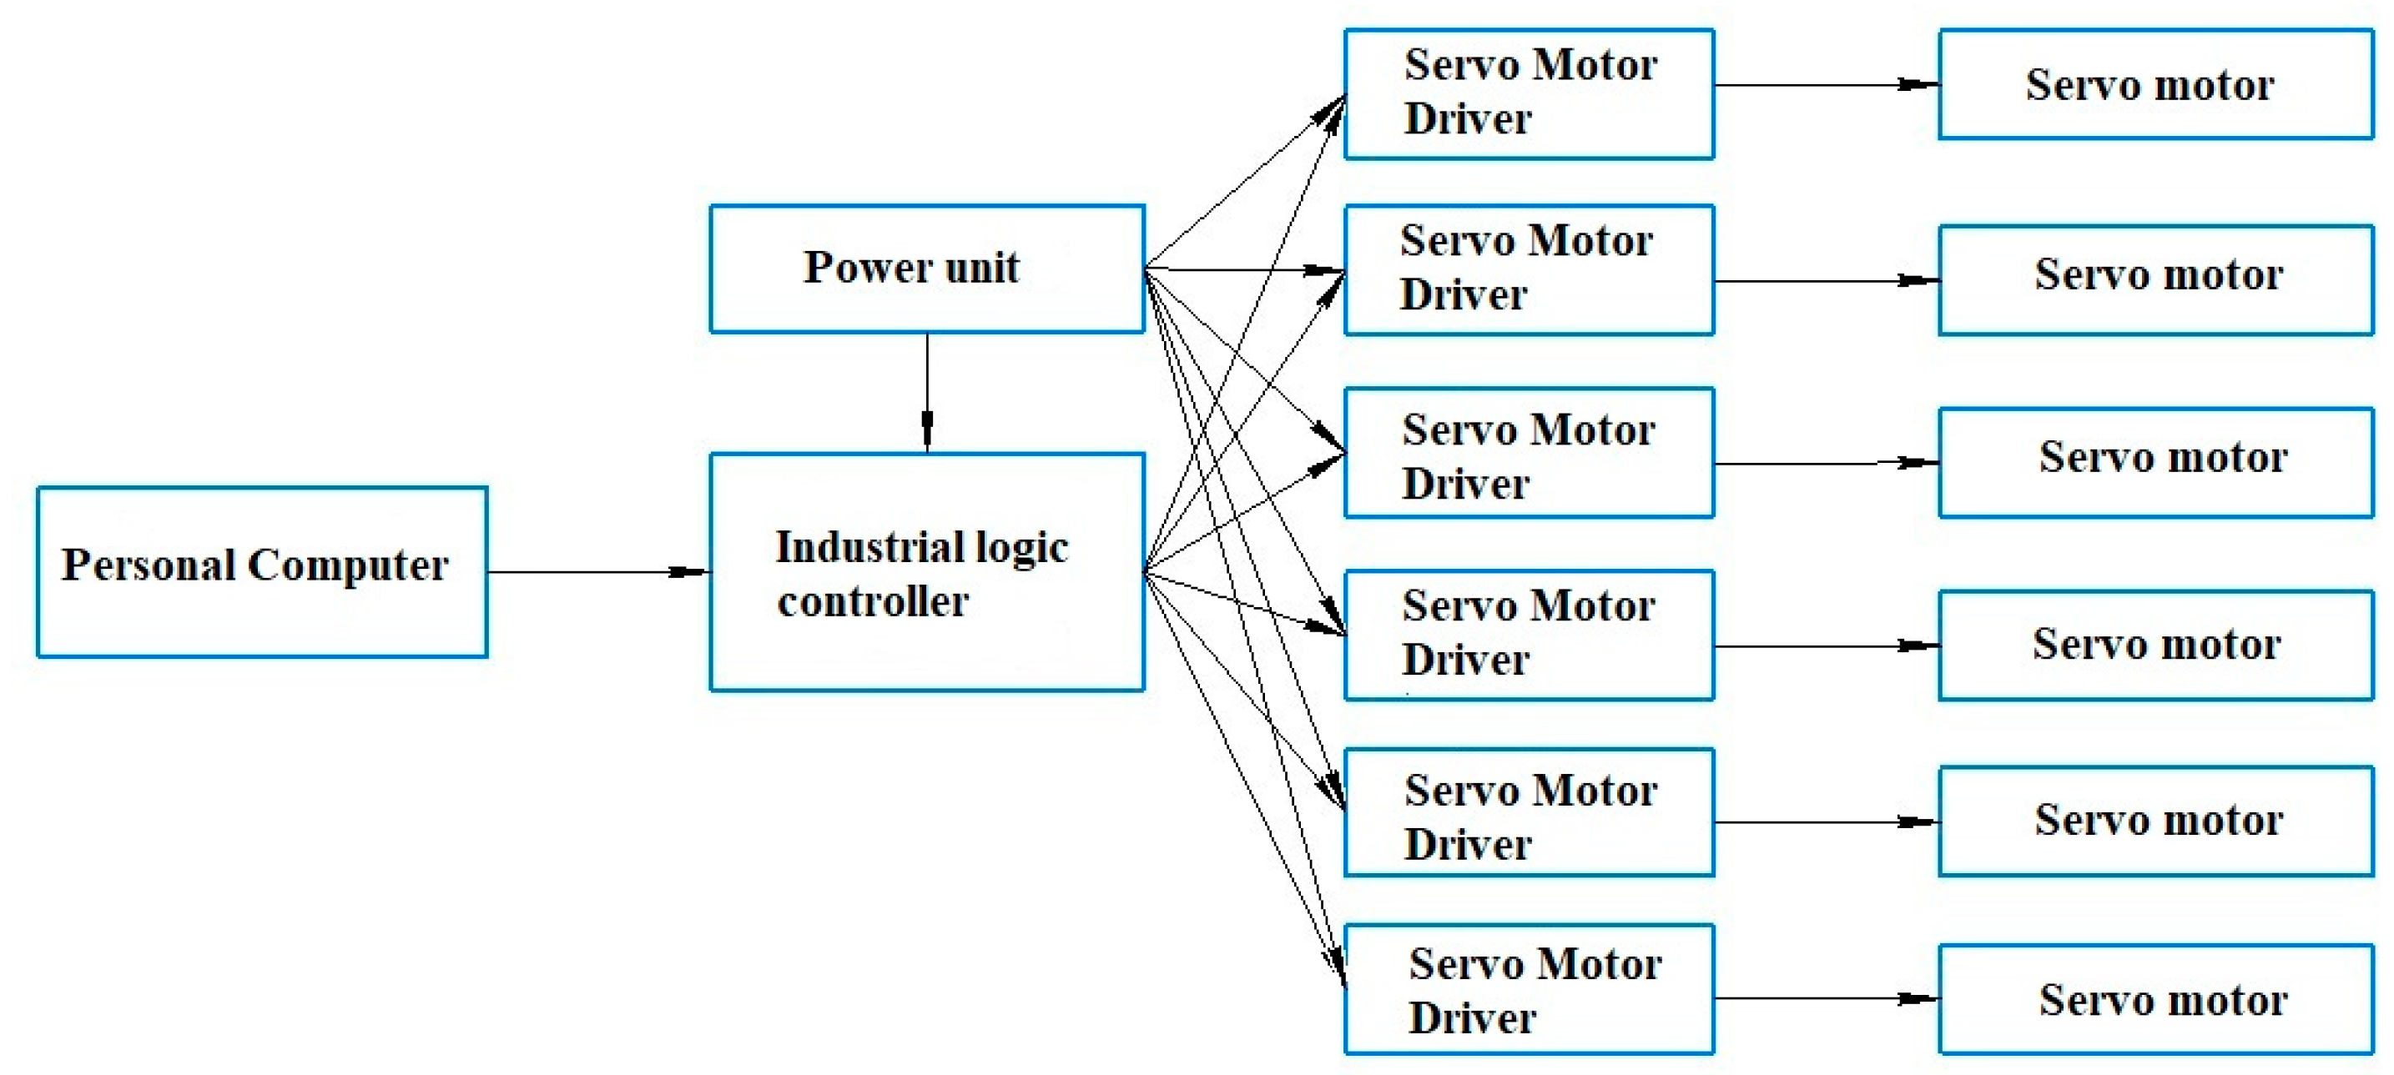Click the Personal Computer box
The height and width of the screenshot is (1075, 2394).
261,571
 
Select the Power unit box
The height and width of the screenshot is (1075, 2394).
926,269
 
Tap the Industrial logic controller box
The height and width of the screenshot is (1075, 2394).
926,571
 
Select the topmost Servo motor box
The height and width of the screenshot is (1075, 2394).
2155,84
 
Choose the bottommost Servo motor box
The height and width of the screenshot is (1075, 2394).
2155,999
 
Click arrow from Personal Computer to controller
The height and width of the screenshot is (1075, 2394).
598,571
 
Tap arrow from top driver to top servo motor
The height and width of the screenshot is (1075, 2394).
1827,84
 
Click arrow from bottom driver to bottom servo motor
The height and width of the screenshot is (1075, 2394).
1827,998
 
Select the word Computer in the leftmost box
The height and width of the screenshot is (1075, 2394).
348,565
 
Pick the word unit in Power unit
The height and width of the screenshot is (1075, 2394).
981,268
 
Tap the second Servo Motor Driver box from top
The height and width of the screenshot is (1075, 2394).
1529,269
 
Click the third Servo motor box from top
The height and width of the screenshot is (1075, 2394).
2155,462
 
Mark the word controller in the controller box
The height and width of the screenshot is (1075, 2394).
873,601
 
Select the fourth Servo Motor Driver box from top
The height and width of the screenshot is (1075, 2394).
1529,635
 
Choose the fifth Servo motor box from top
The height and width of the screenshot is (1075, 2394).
2155,821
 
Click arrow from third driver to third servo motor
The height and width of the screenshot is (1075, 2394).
1827,463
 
